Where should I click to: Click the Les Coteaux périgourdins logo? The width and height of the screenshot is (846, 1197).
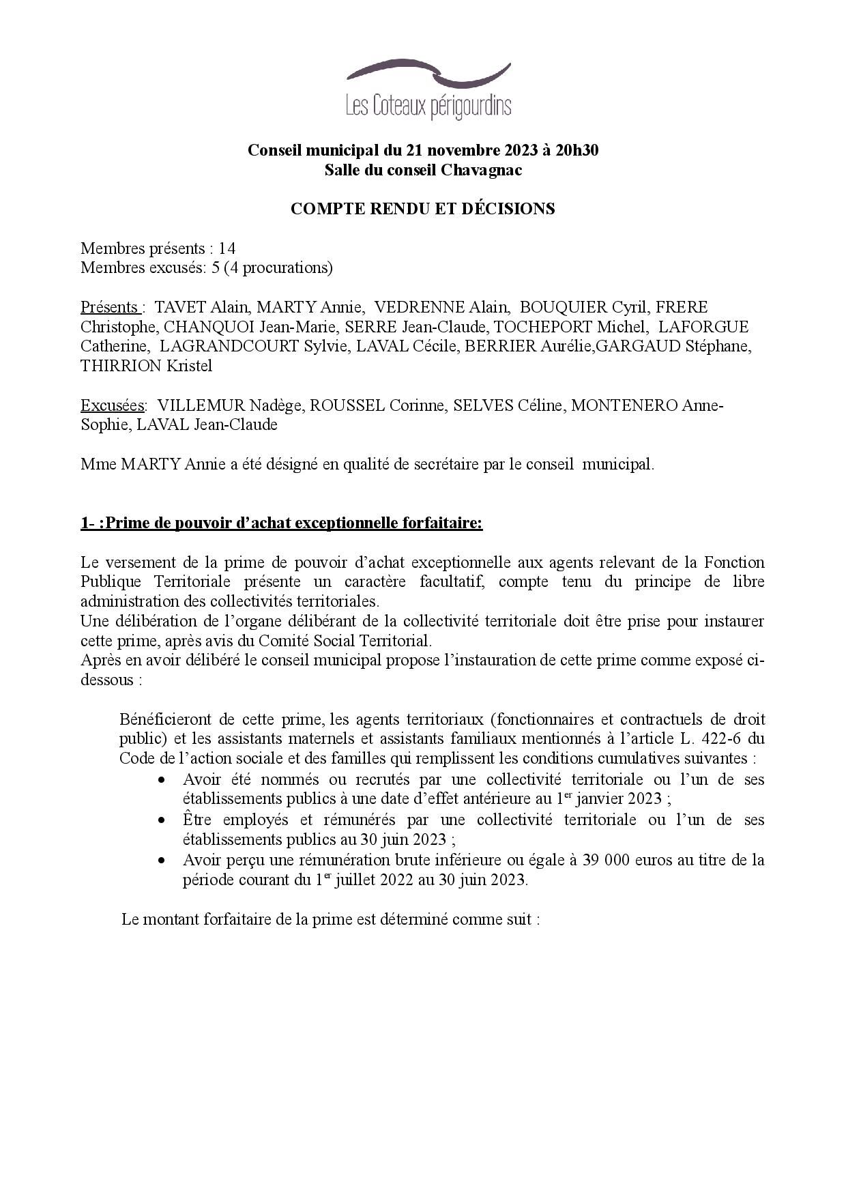pos(428,91)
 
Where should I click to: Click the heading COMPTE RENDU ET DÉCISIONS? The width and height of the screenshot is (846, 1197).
pos(422,209)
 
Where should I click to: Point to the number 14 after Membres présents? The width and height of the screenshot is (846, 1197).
pos(227,248)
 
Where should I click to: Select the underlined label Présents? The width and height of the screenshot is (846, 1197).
pos(111,307)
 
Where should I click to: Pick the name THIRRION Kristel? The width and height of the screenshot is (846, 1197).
pos(146,366)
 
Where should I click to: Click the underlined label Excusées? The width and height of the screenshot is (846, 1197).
pos(113,405)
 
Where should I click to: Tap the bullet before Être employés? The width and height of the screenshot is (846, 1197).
pos(161,820)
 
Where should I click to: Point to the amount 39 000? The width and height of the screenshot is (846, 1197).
pos(607,860)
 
